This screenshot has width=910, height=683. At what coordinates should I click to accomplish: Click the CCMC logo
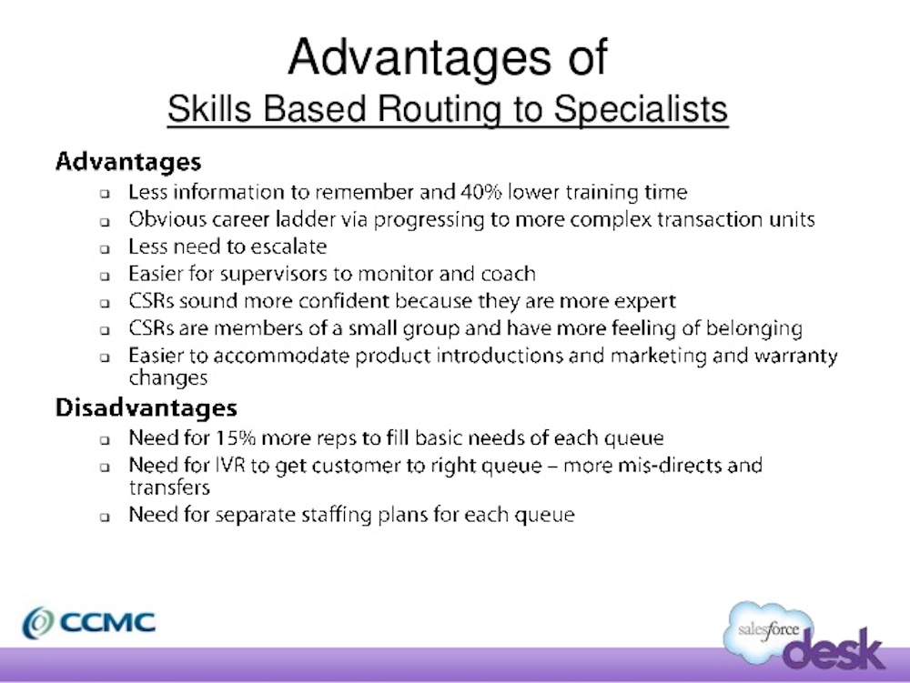tap(89, 623)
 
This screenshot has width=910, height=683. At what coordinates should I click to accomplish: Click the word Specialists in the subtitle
tap(641, 110)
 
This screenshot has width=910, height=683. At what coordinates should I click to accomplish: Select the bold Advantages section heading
tap(127, 162)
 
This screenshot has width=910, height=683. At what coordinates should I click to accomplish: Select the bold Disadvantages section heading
tap(146, 407)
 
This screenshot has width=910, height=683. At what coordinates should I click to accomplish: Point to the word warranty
tap(791, 356)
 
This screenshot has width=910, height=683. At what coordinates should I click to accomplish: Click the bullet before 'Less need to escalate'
tap(106, 247)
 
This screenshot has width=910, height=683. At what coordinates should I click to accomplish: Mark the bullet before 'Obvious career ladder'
tap(106, 220)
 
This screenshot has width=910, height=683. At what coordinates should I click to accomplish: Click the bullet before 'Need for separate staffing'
tap(106, 516)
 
